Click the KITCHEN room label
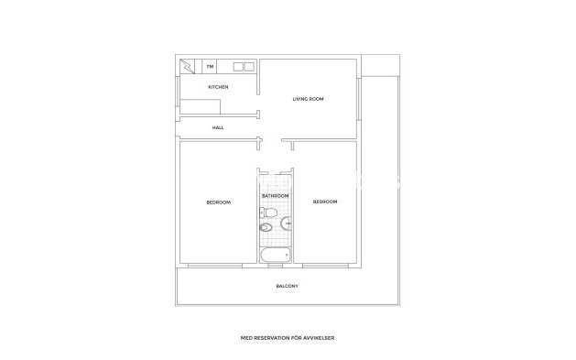point(218,87)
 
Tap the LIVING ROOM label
point(308,99)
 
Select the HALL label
point(218,127)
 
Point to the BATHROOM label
point(275,196)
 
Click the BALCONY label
point(287,287)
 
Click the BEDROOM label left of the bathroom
point(218,202)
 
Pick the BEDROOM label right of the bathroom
point(325,202)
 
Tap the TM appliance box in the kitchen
point(211,67)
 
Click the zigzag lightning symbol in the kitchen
point(189,67)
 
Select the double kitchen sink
point(243,67)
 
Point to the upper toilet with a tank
point(267,213)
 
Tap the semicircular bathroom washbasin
point(288,223)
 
